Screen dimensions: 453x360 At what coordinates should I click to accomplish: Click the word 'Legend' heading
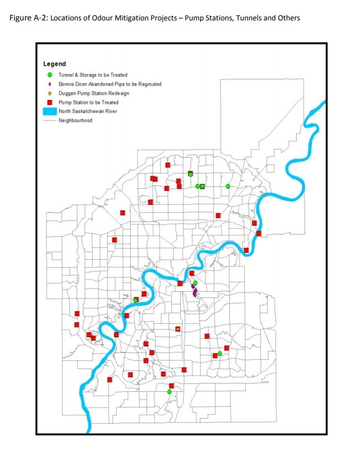[54, 64]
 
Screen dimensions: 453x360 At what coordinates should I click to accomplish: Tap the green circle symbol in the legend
[50, 74]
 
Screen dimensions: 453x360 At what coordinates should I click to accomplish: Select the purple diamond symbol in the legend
[50, 84]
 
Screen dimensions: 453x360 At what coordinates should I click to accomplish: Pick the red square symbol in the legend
[50, 102]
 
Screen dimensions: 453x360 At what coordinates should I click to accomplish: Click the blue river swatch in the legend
[50, 111]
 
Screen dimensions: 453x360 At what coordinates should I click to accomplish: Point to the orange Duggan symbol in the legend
[50, 93]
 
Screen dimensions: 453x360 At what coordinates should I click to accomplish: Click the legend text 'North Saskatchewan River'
[88, 111]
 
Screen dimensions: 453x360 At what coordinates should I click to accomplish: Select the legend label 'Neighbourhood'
[76, 120]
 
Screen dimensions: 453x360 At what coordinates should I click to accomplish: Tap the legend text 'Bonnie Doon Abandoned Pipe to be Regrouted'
[110, 84]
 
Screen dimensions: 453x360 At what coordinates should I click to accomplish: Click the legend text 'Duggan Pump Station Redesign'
[94, 93]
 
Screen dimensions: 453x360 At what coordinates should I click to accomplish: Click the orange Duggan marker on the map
[178, 329]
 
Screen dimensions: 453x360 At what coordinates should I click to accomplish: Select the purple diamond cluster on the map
[194, 291]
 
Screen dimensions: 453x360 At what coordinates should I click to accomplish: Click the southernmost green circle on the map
[169, 392]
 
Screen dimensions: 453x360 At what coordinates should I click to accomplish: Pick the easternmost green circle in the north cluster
[228, 186]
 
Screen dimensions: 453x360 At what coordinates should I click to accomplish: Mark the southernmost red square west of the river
[110, 380]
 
